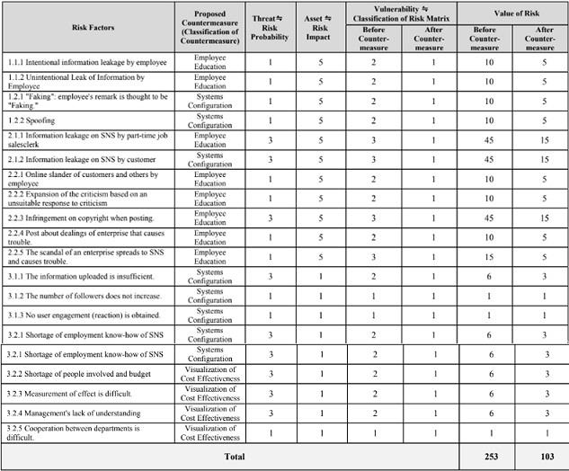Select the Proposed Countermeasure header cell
pos(209,27)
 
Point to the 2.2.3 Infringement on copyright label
pos(78,218)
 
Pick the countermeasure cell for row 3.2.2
pos(209,374)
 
